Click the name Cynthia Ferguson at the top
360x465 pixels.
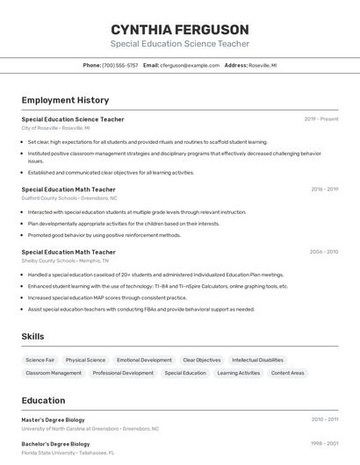click(179, 29)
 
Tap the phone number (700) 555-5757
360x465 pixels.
click(120, 65)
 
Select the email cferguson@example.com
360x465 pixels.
click(190, 65)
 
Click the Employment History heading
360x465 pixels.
click(65, 100)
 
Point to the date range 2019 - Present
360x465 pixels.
click(321, 118)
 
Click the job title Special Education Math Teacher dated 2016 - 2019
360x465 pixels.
click(68, 189)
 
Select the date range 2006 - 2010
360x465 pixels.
click(323, 252)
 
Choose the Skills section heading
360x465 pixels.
click(32, 336)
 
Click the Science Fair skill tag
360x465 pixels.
click(40, 360)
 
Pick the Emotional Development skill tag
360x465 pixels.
click(144, 360)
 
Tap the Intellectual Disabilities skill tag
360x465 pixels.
click(257, 360)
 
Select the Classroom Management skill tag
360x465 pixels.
click(54, 373)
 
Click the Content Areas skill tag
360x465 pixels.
click(288, 373)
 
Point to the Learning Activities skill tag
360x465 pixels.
click(239, 373)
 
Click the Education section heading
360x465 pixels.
click(43, 400)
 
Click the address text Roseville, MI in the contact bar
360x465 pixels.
click(263, 65)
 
